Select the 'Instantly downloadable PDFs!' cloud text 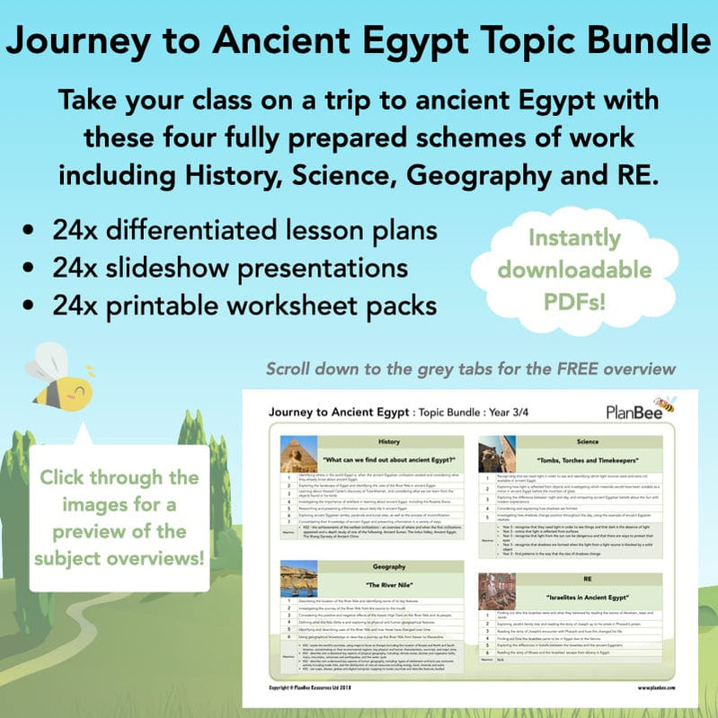(x=575, y=269)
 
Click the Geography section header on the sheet (x=388, y=568)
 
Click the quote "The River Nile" (x=388, y=585)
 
